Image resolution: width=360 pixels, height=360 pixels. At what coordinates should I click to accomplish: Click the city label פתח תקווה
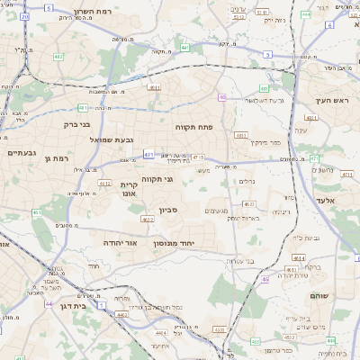(x=192, y=128)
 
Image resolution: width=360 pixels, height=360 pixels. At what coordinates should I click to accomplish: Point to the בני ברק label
(x=78, y=125)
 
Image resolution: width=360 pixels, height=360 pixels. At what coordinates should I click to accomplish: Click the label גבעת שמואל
(x=112, y=139)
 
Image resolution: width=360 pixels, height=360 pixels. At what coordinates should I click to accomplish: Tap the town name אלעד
(x=325, y=200)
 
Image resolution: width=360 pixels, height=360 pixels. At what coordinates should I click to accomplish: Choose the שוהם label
(x=318, y=293)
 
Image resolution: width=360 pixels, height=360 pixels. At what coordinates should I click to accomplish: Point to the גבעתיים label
(x=22, y=152)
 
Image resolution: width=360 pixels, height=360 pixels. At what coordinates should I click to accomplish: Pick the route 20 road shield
(x=24, y=17)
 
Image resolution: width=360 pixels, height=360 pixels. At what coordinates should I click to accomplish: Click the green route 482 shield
(x=58, y=56)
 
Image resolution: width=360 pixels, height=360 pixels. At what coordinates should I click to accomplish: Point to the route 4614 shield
(x=298, y=257)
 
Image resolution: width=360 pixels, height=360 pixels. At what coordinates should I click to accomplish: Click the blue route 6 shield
(x=329, y=24)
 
